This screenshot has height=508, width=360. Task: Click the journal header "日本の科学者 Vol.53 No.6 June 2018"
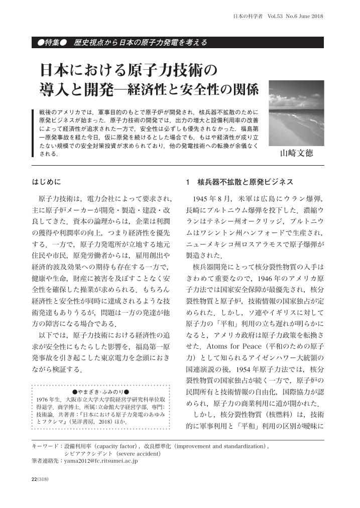[x=279, y=16]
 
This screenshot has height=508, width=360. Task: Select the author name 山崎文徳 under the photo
[x=296, y=153]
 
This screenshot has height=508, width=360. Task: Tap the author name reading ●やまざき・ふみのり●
[x=101, y=391]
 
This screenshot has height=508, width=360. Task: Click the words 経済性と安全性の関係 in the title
[x=201, y=90]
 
